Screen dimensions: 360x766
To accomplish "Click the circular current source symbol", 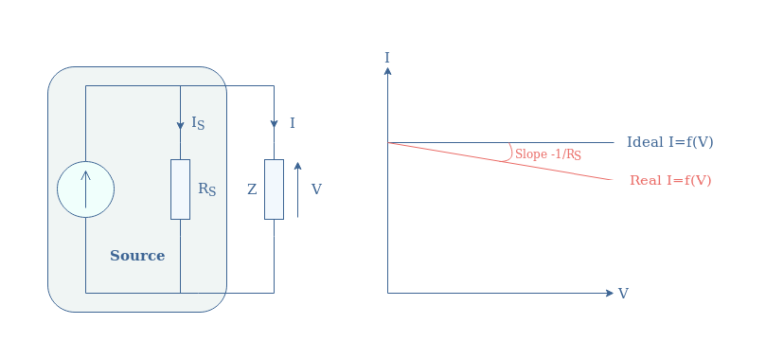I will click(x=85, y=188).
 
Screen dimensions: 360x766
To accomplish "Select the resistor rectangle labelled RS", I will click(x=180, y=188).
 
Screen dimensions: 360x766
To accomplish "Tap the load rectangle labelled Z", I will click(x=274, y=188).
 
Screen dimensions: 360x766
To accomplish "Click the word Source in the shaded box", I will click(x=137, y=256).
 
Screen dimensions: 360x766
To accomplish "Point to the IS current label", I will click(x=198, y=123).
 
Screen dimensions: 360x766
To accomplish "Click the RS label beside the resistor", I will click(x=207, y=189).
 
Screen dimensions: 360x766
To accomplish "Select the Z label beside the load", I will click(x=252, y=189).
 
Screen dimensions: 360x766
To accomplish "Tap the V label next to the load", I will click(x=317, y=189).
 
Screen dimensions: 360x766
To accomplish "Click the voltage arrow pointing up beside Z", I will click(x=297, y=188).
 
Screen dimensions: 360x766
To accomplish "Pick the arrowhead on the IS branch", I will click(x=180, y=124).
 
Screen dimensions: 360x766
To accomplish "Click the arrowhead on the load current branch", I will click(x=274, y=124).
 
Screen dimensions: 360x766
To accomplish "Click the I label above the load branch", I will click(x=292, y=123).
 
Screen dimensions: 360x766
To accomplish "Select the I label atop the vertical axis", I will click(x=387, y=57).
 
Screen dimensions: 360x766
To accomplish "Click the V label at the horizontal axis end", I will click(x=623, y=294).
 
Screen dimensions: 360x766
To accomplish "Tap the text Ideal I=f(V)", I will click(x=670, y=142).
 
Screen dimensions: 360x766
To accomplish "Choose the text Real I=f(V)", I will click(x=670, y=180).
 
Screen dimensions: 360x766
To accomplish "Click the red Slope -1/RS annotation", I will click(x=548, y=155).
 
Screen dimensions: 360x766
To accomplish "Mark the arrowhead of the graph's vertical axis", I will click(x=387, y=70).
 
